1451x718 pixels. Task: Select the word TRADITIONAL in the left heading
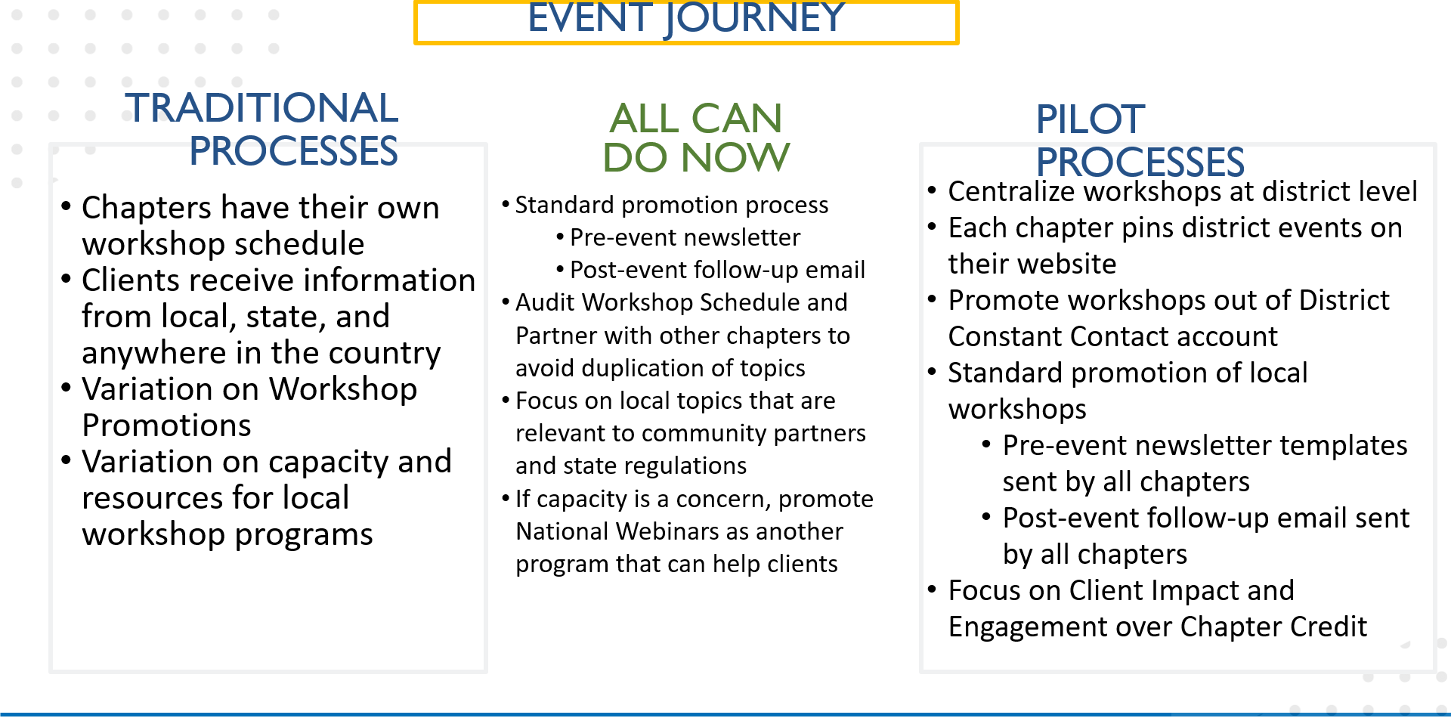(261, 107)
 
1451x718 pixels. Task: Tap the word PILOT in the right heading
(1090, 119)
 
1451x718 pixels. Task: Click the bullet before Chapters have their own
(67, 206)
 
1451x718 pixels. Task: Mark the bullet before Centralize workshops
(932, 190)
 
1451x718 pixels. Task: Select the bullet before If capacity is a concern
(506, 499)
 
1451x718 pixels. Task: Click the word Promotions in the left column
(166, 426)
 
